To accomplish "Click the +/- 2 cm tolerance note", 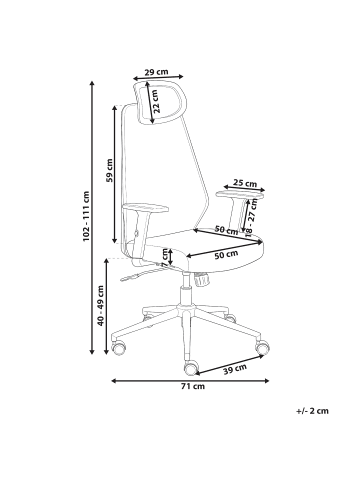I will [313, 411].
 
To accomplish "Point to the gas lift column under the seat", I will [185, 295].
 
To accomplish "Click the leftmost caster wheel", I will [120, 350].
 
